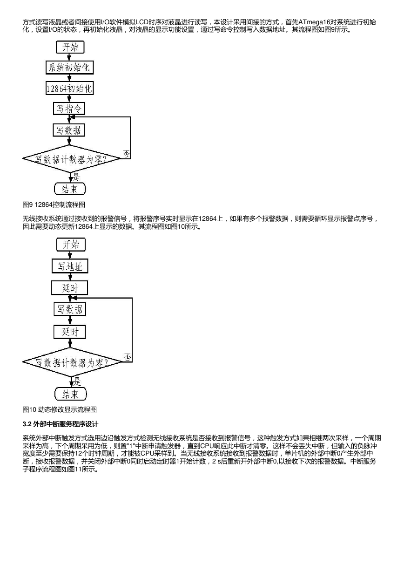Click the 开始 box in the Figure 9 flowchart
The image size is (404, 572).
coord(70,47)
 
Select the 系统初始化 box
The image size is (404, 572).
coord(70,68)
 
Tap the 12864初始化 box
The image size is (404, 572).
coord(70,89)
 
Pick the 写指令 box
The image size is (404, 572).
coord(69,109)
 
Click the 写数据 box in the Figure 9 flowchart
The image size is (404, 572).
coord(68,130)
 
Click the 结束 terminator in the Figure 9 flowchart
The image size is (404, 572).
coord(70,189)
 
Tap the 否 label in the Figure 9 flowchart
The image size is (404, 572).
coord(126,154)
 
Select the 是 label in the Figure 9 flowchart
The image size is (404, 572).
coord(76,177)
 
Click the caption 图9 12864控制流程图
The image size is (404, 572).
coord(54,204)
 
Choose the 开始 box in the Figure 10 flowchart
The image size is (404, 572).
coord(71,245)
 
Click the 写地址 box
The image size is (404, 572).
coord(70,266)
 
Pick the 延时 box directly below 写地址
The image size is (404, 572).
coord(70,288)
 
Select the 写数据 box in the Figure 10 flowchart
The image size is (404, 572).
coord(70,309)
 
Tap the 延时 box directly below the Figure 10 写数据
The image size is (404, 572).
coord(70,332)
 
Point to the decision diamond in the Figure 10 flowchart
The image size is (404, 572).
coord(72,362)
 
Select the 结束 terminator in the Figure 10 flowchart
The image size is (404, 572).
coord(71,394)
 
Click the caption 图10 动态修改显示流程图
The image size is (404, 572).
coord(60,410)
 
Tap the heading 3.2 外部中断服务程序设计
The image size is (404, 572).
coord(61,424)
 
